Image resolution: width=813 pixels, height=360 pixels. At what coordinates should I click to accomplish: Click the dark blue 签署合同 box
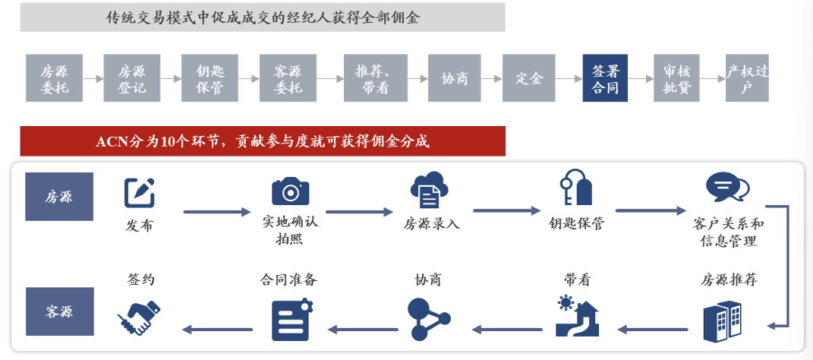(x=605, y=78)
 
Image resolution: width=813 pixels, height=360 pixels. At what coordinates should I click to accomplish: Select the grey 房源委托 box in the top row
(x=53, y=78)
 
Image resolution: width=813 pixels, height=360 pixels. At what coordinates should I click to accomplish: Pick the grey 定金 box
(x=529, y=78)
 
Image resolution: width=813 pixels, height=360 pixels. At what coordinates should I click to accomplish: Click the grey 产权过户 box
(x=747, y=78)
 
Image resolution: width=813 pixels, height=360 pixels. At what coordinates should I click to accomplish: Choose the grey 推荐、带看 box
(x=372, y=78)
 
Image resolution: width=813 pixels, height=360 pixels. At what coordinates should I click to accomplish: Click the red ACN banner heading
(x=263, y=141)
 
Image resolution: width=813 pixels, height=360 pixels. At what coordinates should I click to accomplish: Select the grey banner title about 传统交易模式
(x=263, y=17)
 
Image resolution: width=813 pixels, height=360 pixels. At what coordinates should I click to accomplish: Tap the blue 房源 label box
(x=59, y=197)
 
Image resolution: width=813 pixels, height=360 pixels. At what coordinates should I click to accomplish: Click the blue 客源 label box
(x=59, y=311)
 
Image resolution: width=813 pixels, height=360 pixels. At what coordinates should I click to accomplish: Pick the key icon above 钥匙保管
(x=575, y=188)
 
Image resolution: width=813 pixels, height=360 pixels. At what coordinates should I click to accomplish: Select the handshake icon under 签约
(x=140, y=317)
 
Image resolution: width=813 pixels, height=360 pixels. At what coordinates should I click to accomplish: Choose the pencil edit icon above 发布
(x=140, y=193)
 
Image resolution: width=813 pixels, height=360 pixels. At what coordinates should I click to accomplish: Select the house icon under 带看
(x=576, y=317)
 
